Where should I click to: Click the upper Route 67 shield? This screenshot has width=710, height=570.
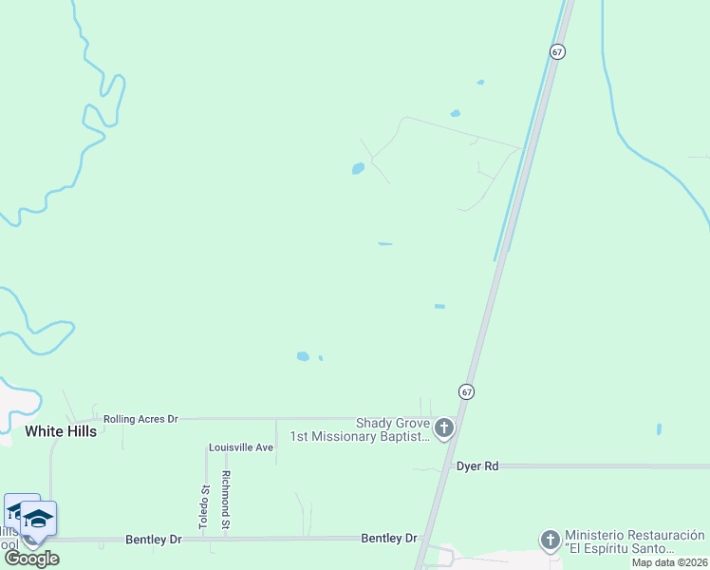coord(557,51)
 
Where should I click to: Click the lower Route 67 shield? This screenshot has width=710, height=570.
coord(466,390)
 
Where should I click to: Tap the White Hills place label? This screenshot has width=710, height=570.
coord(61,431)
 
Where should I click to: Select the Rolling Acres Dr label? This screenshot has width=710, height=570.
coord(140,418)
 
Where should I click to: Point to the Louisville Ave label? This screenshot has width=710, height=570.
coord(241,446)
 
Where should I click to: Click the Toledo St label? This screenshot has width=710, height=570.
coord(203,501)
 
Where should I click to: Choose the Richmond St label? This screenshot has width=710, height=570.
coord(226,500)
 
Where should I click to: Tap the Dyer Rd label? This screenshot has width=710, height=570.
coord(477,466)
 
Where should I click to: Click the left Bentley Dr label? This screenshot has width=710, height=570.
coord(153,539)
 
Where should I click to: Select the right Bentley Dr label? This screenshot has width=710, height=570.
coord(388,538)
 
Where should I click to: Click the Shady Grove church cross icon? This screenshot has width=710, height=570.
coord(444,429)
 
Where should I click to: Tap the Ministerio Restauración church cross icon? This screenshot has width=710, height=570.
coord(550,541)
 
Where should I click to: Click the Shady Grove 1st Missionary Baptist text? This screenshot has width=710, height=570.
coord(360,430)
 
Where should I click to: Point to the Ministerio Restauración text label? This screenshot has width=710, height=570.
coord(634,541)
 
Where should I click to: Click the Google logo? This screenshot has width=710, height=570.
coord(31,559)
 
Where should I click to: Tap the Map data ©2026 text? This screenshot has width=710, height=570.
coord(669,562)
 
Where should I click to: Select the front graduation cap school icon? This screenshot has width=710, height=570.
coord(38,519)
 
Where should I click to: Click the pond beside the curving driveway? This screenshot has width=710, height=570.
coord(358,169)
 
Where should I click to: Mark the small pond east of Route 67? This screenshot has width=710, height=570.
coord(659,429)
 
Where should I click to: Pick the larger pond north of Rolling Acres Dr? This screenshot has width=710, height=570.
coord(303,356)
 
